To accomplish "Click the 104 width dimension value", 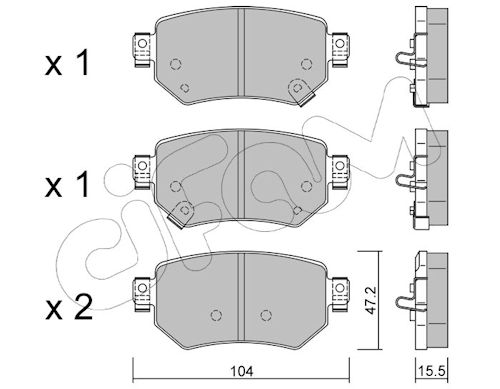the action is coord(244,371).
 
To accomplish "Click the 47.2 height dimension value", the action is coord(370,300).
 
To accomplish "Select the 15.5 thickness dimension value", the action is coord(432,371).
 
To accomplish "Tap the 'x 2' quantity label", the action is coord(69,308).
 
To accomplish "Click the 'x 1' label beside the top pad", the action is coord(67,63).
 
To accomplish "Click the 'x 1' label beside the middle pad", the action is coord(67,185).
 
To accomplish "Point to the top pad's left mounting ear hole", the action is coord(142,44).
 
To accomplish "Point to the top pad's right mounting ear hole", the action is coord(340,44).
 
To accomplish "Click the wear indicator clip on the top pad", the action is coord(301,92).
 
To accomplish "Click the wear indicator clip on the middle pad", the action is coord(181,214).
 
